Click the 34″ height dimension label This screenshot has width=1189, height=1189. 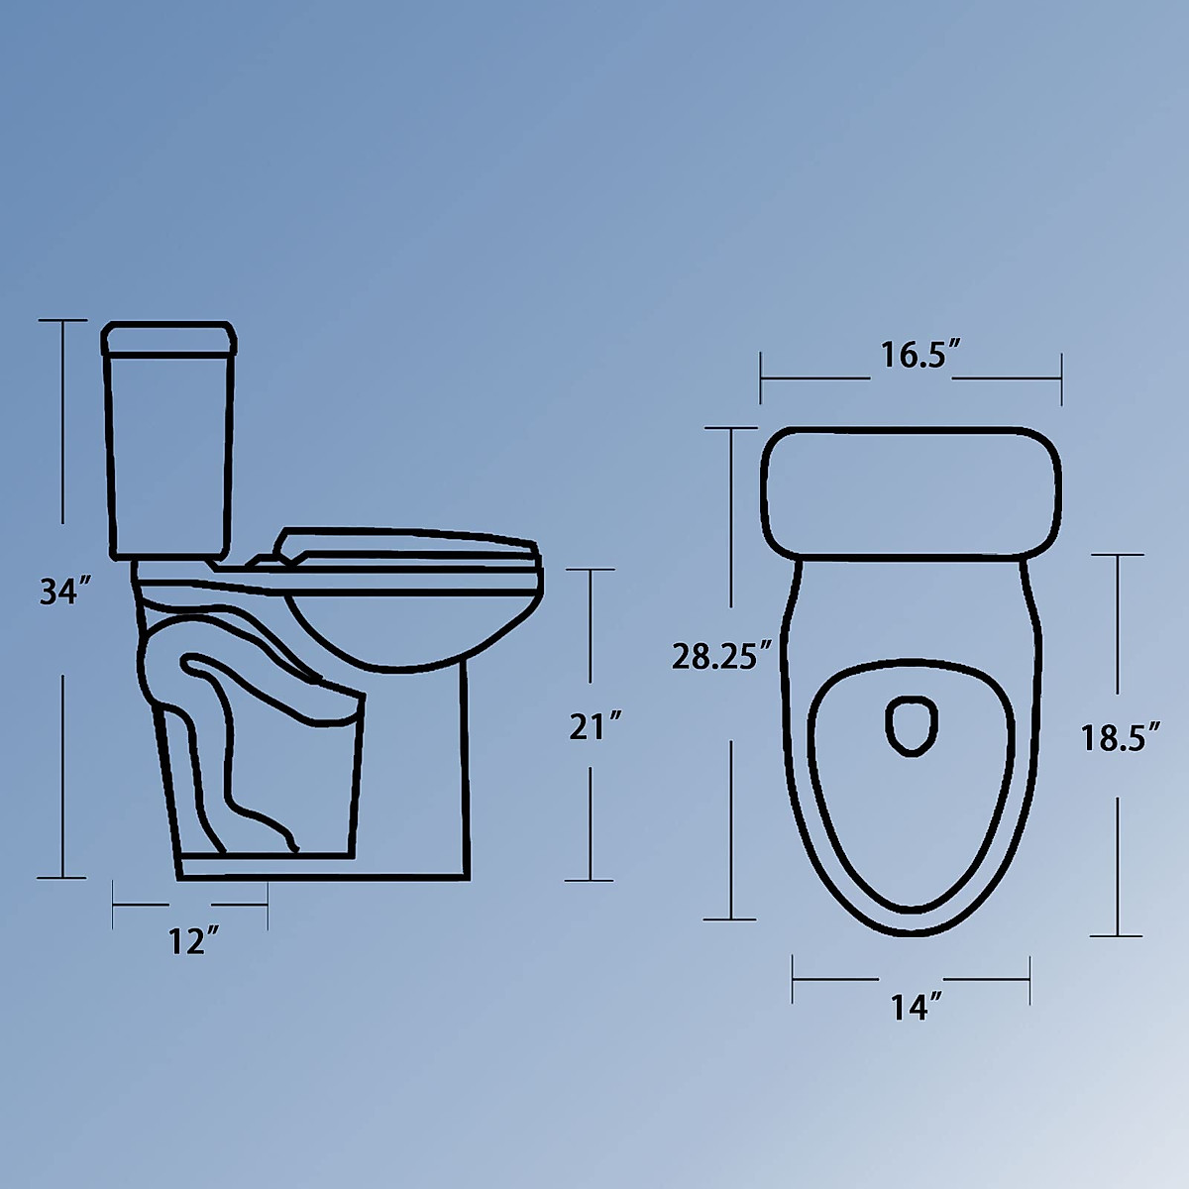[x=66, y=591]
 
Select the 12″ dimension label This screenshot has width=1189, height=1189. [x=194, y=941]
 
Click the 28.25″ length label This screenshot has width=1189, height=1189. [x=722, y=655]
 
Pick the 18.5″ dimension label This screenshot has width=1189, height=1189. [x=1121, y=737]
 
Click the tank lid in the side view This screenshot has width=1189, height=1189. [x=169, y=338]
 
